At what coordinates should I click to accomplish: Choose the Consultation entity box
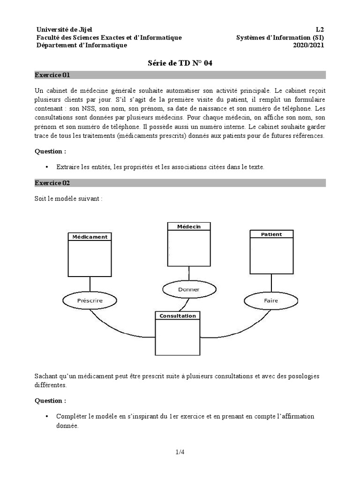(178, 334)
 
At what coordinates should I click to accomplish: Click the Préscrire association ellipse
(90, 300)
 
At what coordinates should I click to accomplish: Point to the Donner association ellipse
(188, 289)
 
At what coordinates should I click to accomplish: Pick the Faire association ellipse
(271, 300)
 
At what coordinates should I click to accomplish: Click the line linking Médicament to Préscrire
(90, 284)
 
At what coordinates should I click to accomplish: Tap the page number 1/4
(180, 452)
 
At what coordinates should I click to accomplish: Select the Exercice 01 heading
(52, 75)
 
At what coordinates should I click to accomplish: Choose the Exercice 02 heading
(52, 183)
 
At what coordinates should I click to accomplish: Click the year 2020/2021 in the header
(308, 45)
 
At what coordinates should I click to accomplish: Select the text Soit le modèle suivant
(68, 198)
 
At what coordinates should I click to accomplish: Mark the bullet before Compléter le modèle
(47, 417)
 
